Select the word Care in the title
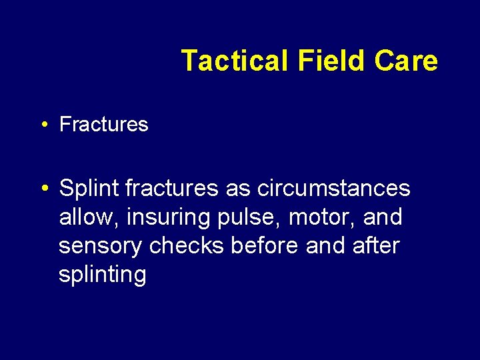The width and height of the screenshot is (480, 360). pyautogui.click(x=405, y=61)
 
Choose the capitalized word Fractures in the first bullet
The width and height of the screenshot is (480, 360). pyautogui.click(x=103, y=124)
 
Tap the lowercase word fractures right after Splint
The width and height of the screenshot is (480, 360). pyautogui.click(x=172, y=189)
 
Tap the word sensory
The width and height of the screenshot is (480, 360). pyautogui.click(x=101, y=246)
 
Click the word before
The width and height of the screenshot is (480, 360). pyautogui.click(x=265, y=246)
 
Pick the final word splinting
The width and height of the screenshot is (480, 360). pyautogui.click(x=102, y=275)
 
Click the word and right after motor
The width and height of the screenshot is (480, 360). pyautogui.click(x=383, y=217)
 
